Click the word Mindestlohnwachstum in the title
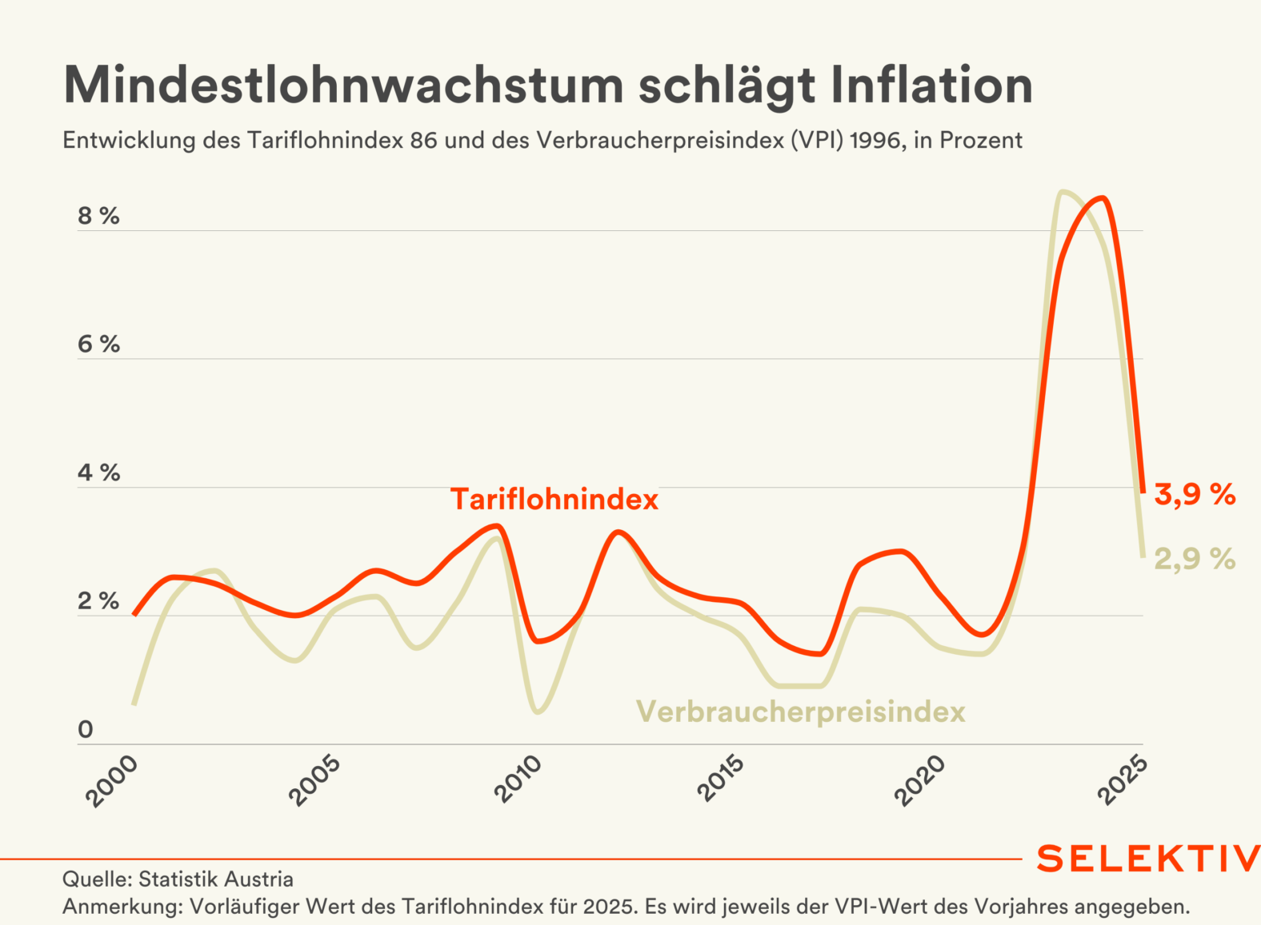tap(343, 85)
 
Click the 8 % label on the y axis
tap(98, 216)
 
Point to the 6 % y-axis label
tap(98, 345)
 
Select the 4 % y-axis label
tap(98, 473)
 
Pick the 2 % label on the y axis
tap(98, 601)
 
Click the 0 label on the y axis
tap(86, 729)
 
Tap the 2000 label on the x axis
tap(113, 781)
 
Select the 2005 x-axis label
tap(315, 781)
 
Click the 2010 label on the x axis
tap(518, 781)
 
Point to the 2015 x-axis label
tap(720, 781)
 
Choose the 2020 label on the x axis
tap(921, 781)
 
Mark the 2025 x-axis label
tap(1123, 781)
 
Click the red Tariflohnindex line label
tap(554, 500)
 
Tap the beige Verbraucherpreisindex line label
tap(801, 712)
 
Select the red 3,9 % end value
tap(1195, 495)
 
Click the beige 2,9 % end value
tap(1195, 559)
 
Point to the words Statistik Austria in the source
tap(216, 879)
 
